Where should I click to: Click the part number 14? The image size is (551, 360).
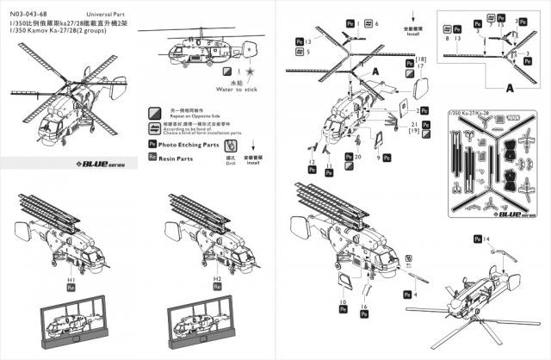pos(486,237)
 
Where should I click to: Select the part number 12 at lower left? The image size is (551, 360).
pos(310,163)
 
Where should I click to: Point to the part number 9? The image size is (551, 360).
pos(389,158)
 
